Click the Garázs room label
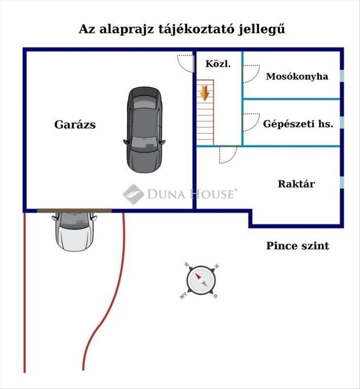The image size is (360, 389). pyautogui.click(x=75, y=125)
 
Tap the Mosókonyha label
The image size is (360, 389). pyautogui.click(x=297, y=76)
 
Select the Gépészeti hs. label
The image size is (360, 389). pyautogui.click(x=298, y=124)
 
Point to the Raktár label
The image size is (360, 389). pyautogui.click(x=296, y=184)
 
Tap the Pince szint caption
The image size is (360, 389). pyautogui.click(x=297, y=246)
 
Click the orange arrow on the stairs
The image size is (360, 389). pyautogui.click(x=204, y=94)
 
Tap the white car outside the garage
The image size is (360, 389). pyautogui.click(x=74, y=231)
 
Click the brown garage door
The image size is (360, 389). pyautogui.click(x=74, y=210)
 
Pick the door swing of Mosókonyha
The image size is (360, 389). pyautogui.click(x=251, y=73)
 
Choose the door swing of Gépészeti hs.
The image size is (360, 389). pyautogui.click(x=251, y=122)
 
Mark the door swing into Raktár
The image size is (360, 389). pyautogui.click(x=228, y=154)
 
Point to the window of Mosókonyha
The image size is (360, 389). pyautogui.click(x=342, y=76)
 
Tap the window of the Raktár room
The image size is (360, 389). pyautogui.click(x=342, y=182)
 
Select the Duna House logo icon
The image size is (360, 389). pyautogui.click(x=133, y=194)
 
